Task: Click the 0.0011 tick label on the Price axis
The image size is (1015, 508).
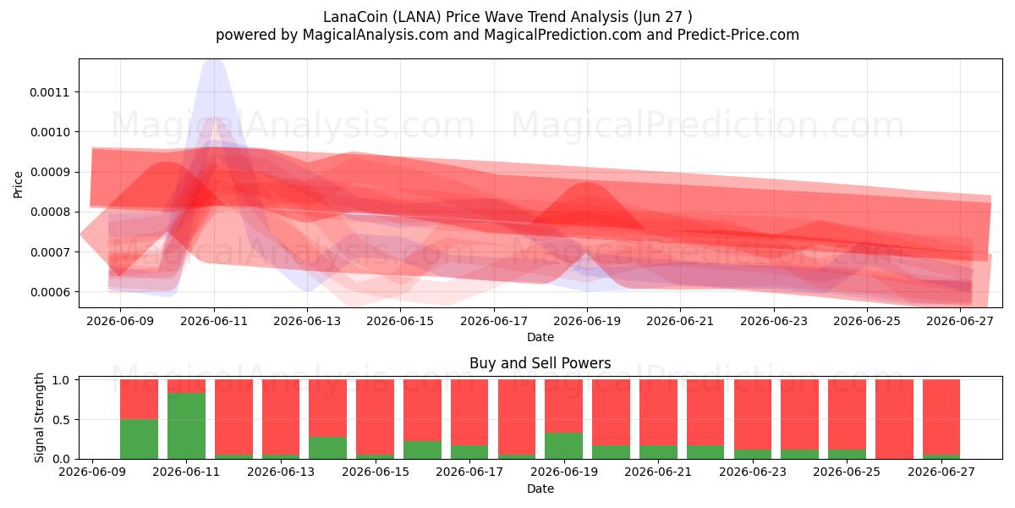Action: [49, 92]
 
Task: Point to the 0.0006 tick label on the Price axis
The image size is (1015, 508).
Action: [49, 292]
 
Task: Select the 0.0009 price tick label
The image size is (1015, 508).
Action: [49, 173]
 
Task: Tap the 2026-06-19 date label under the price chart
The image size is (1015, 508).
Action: [587, 321]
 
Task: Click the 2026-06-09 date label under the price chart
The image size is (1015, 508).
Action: [120, 321]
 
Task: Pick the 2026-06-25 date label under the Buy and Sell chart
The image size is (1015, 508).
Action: [847, 472]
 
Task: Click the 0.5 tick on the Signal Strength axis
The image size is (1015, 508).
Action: [61, 420]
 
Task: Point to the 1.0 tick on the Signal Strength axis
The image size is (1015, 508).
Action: [61, 380]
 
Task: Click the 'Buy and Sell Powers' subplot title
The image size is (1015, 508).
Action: [540, 363]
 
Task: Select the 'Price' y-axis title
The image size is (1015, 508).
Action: [18, 185]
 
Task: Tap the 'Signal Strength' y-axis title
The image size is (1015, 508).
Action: [39, 417]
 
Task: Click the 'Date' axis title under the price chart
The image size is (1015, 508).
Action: [540, 337]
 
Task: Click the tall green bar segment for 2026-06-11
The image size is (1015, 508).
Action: [186, 426]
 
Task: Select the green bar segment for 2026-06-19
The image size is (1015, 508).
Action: [563, 446]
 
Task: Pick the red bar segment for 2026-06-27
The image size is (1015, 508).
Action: [941, 417]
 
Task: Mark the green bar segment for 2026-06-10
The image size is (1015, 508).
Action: [139, 439]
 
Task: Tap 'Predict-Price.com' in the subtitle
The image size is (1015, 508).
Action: [738, 35]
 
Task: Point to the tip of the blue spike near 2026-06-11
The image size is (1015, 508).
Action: [213, 60]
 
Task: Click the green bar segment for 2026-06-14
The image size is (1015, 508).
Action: [327, 448]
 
